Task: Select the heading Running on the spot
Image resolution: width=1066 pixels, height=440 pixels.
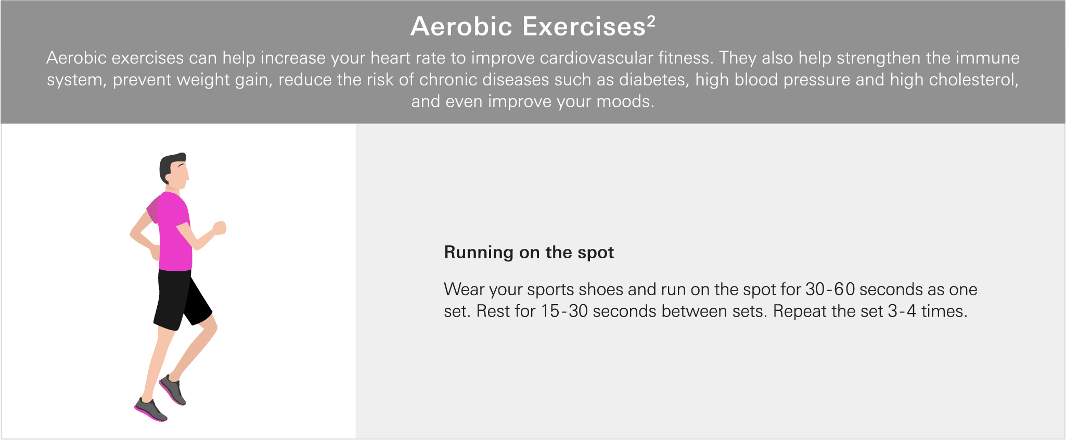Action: click(x=529, y=253)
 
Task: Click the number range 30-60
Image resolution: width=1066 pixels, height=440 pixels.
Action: click(x=830, y=290)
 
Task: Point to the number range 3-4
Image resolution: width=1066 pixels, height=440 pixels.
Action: click(x=902, y=311)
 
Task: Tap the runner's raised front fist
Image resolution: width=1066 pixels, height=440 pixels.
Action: click(x=220, y=228)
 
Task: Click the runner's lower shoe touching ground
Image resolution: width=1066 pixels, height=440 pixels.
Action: click(x=150, y=410)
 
